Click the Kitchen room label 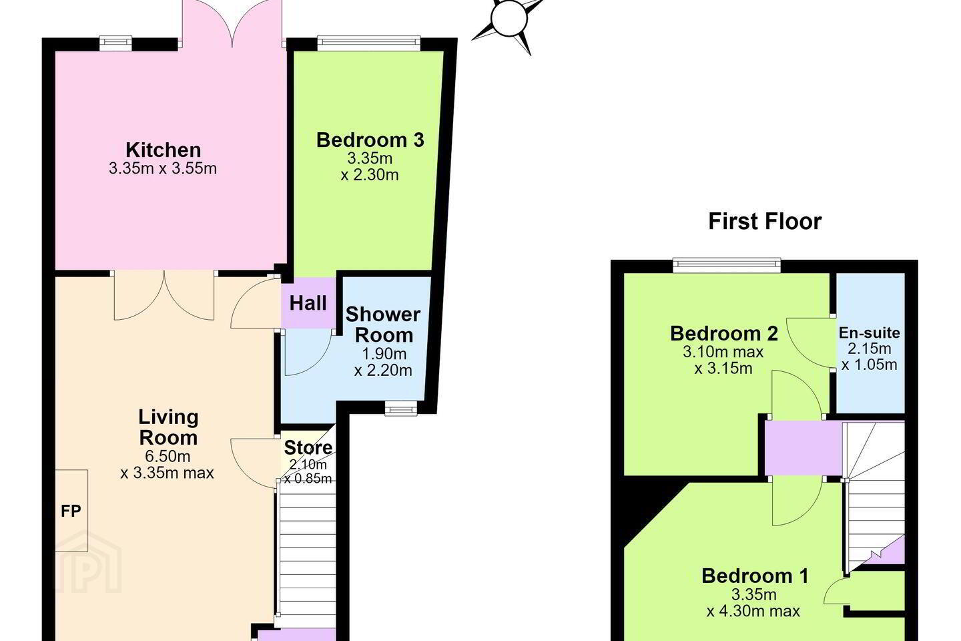pos(163,150)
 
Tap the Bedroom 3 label pos(370,140)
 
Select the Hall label pos(308,303)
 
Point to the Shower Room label pos(383,325)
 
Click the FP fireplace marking pos(71,511)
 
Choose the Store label pos(308,448)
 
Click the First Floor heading pos(765,222)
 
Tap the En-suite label pos(869,333)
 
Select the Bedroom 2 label pos(723,334)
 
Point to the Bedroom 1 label pos(755,576)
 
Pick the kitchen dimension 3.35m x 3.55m pos(163,168)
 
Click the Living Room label pos(168,427)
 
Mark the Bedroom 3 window pos(369,41)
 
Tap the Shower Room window pos(400,408)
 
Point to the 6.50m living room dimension pos(168,456)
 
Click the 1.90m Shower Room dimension pos(384,354)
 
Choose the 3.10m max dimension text pos(723,352)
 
